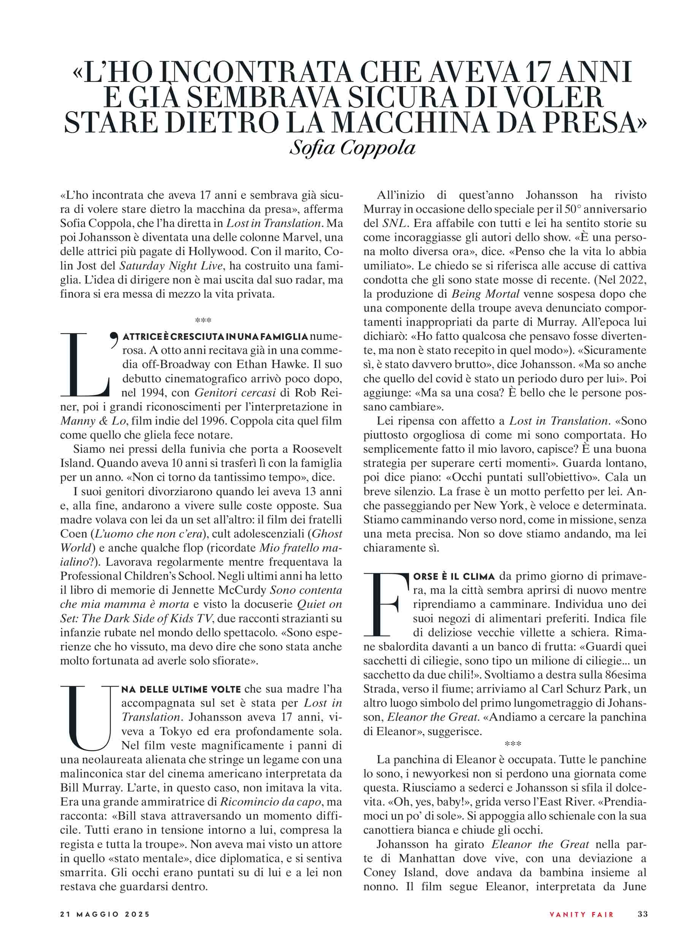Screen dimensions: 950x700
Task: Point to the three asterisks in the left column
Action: (203, 320)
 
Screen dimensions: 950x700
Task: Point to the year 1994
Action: (152, 393)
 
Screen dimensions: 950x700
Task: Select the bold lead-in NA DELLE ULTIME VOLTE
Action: (181, 689)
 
